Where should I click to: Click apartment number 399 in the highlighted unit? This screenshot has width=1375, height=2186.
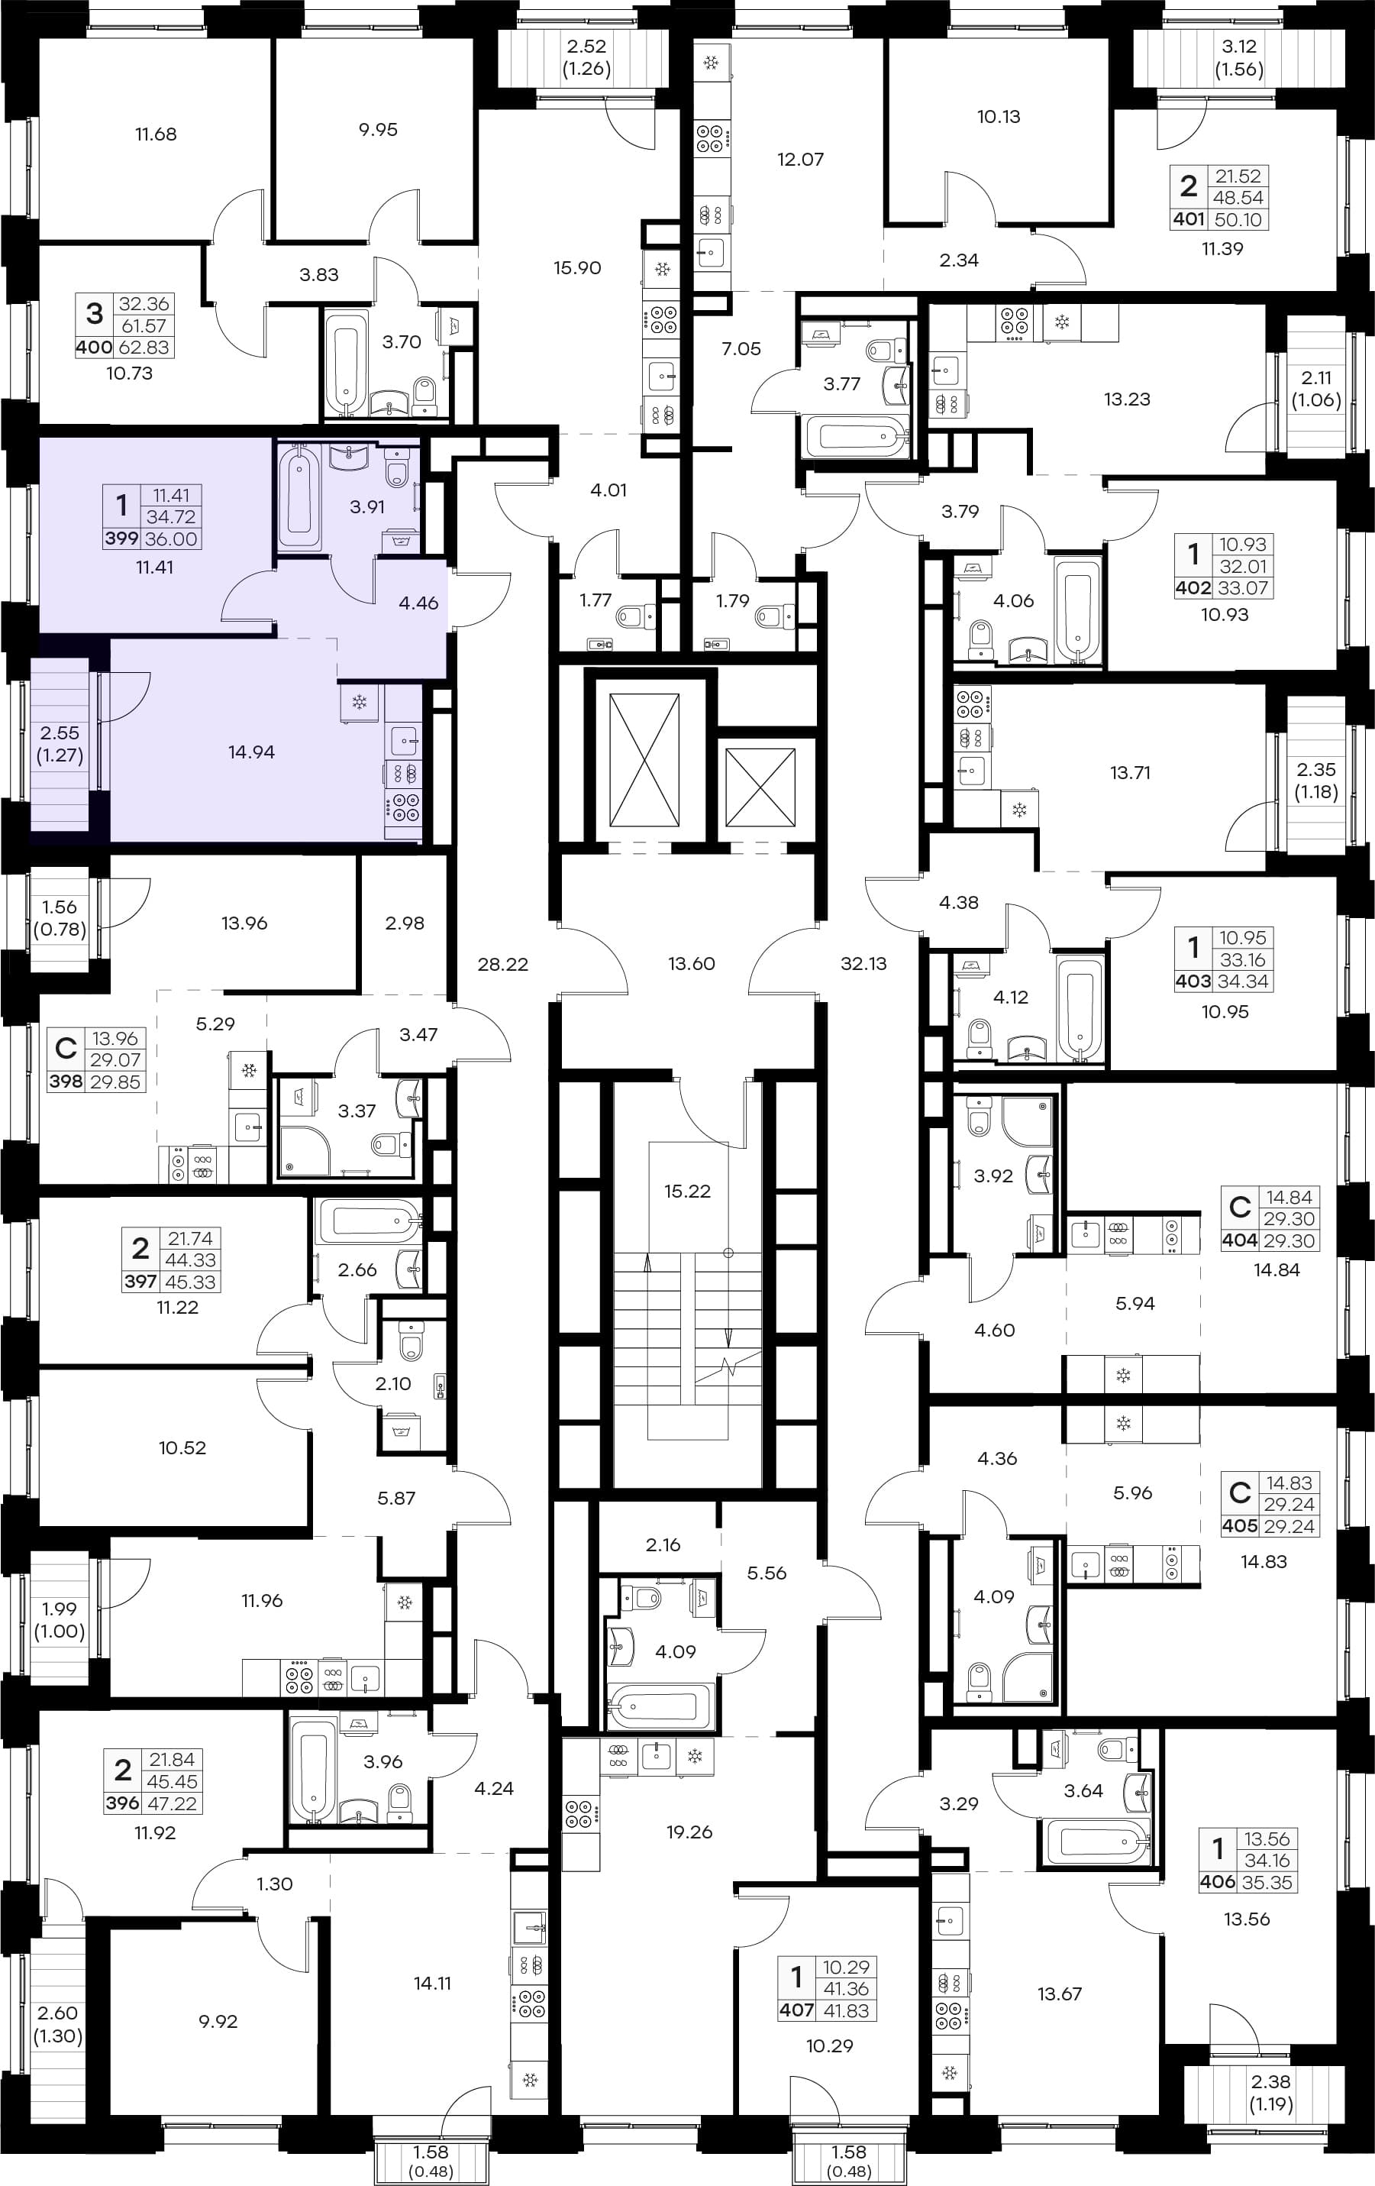coord(121,538)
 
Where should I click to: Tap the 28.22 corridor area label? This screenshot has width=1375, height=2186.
coord(503,964)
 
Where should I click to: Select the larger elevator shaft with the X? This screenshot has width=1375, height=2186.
coord(644,761)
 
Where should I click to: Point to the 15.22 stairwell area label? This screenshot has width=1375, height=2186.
coord(687,1191)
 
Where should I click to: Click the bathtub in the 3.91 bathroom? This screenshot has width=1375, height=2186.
coord(299,496)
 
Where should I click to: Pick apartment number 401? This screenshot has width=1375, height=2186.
coord(1188,218)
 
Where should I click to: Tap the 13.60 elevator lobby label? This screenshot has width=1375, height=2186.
coord(692,964)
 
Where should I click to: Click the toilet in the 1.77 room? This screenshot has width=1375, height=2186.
coord(634,616)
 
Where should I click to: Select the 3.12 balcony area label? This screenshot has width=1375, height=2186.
coord(1239,47)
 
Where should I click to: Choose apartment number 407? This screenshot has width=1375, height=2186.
coord(797,2011)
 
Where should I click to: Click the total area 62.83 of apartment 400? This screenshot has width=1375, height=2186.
coord(144,347)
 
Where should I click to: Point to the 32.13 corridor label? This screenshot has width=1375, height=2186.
coord(863,964)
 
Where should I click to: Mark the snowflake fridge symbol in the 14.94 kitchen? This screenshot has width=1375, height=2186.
coord(359,702)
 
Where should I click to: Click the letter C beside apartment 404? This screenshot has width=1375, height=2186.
coord(1240,1207)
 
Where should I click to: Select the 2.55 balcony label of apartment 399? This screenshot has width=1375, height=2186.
coord(60,732)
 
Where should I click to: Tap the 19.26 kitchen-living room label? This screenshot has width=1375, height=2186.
coord(689,1832)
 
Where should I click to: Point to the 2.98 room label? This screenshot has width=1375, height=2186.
coord(405,923)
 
